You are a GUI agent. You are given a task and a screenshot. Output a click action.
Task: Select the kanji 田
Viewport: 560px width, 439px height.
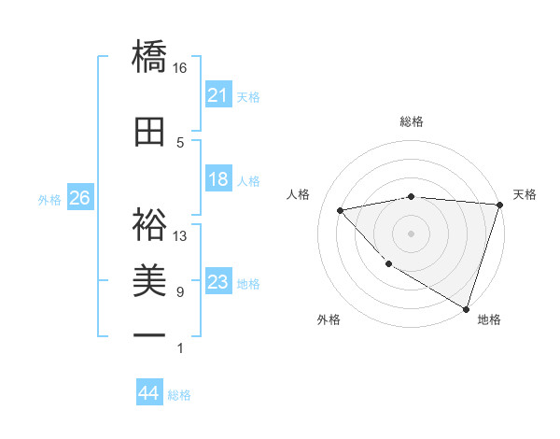point(149,132)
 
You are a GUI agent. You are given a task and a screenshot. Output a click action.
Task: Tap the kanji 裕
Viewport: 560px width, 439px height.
point(149,223)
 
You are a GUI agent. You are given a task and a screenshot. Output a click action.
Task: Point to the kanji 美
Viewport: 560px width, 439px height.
point(149,280)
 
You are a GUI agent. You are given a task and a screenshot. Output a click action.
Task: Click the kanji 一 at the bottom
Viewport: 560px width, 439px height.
point(149,335)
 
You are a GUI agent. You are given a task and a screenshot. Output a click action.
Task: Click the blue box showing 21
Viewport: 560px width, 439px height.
point(217,95)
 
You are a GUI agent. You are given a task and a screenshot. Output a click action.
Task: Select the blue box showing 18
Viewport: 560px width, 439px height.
point(217,180)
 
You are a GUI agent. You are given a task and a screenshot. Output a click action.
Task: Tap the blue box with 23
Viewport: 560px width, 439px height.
point(217,282)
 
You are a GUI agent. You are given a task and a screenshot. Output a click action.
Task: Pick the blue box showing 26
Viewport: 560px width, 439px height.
point(79,198)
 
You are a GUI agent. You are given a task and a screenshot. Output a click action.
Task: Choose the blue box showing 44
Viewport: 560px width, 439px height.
point(148,393)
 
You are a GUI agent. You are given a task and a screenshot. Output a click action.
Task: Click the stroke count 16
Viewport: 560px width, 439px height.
point(180,68)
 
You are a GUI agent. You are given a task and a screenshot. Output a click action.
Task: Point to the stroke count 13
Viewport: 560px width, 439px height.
point(180,236)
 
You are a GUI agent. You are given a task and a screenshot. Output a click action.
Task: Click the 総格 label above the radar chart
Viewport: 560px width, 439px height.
point(412,121)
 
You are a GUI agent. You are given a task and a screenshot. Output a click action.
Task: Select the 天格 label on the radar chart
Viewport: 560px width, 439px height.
point(525,194)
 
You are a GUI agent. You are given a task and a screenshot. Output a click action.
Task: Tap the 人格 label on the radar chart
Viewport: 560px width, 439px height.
point(299,194)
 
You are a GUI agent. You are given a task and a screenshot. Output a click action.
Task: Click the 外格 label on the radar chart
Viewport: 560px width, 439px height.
point(328,319)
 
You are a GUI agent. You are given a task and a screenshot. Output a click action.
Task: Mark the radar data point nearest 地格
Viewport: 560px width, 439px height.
point(466,307)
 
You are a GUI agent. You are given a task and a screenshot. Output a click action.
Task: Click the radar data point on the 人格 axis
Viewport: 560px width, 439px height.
point(341,210)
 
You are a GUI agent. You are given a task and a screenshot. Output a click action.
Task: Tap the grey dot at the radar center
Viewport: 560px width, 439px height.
point(412,233)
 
